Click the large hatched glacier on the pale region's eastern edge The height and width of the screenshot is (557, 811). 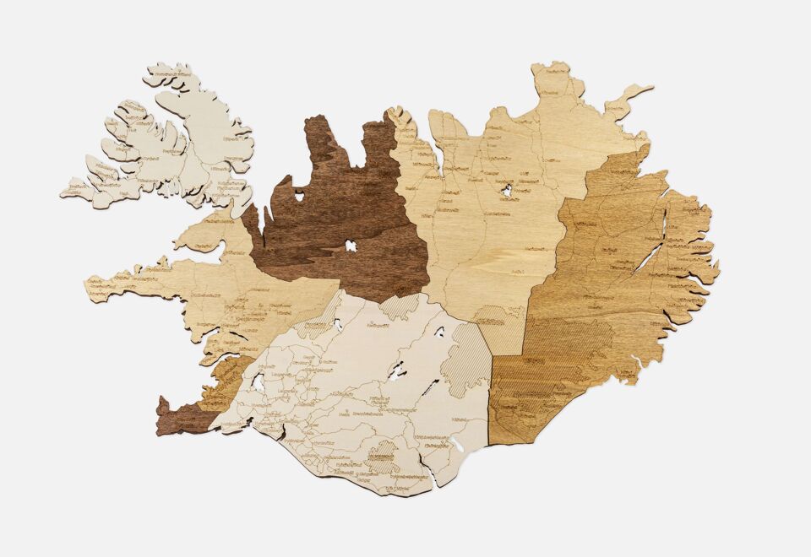[471, 359]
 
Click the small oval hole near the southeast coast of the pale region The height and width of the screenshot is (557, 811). [457, 443]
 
